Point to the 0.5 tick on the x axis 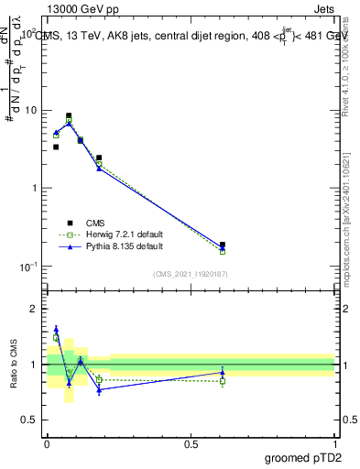(191, 442)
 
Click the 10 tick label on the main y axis (31, 111)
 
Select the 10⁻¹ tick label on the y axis (29, 267)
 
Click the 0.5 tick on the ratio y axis (30, 420)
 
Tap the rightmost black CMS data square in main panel (223, 245)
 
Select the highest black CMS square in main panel (69, 116)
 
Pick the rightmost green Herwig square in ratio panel (223, 381)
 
